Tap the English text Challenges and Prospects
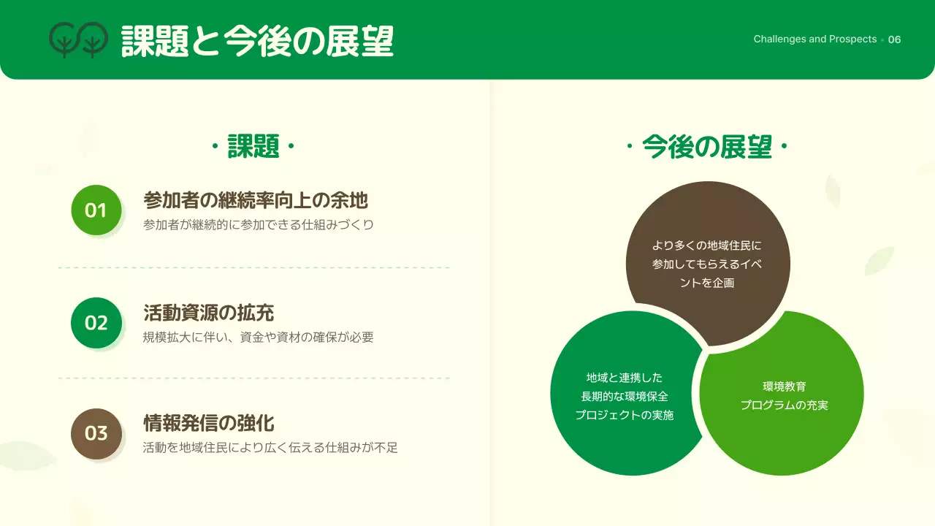pos(814,39)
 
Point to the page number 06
pos(894,39)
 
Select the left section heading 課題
pos(253,146)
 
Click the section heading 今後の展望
pos(706,146)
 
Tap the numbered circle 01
pos(96,210)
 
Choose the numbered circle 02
pos(96,322)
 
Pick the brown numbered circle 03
pos(96,433)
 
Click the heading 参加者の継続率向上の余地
pos(256,200)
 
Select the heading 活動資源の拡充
pos(209,313)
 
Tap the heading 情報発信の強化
pos(209,423)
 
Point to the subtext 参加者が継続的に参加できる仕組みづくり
pos(259,225)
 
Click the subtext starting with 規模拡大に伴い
pos(259,338)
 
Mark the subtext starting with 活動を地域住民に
pos(270,448)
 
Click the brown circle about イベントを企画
pos(707,263)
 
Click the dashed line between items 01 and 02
pos(253,268)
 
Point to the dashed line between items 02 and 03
pos(253,378)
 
